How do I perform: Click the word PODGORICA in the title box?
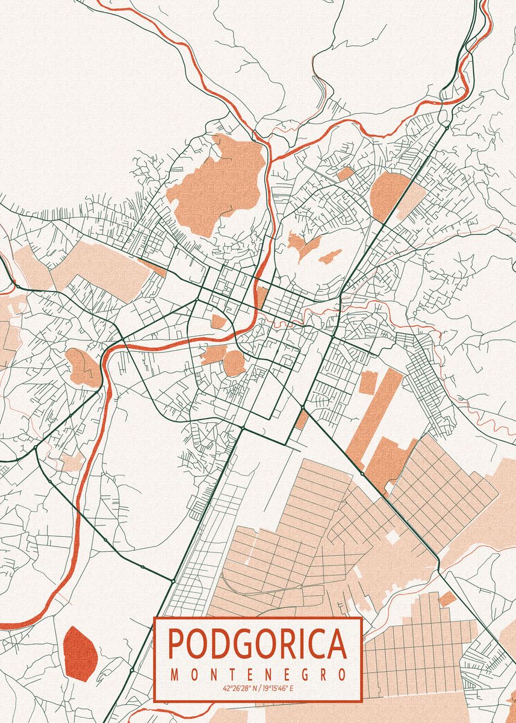pyautogui.click(x=258, y=644)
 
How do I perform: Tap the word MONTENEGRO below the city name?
pyautogui.click(x=258, y=675)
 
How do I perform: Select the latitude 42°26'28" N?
pyautogui.click(x=238, y=688)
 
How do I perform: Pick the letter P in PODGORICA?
pyautogui.click(x=176, y=644)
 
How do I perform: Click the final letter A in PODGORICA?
pyautogui.click(x=336, y=644)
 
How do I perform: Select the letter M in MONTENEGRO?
pyautogui.click(x=175, y=675)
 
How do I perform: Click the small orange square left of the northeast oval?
pyautogui.click(x=346, y=174)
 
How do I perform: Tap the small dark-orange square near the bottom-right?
pyautogui.click(x=447, y=598)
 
